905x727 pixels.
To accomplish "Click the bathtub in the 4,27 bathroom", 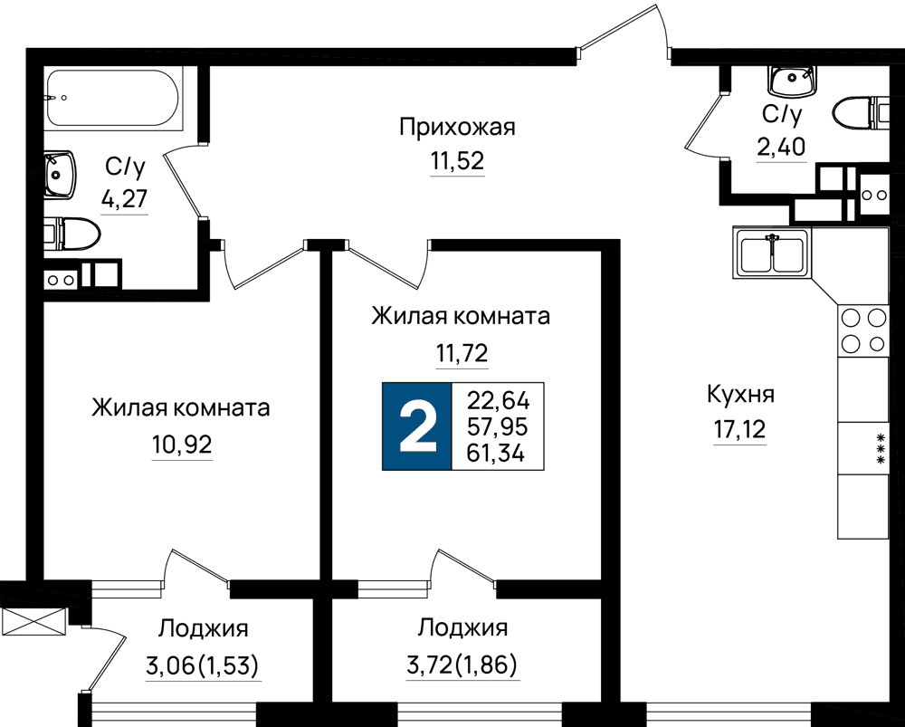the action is [x=114, y=98].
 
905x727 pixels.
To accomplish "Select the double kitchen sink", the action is [x=772, y=252].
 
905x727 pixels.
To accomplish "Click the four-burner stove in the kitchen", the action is [x=862, y=330].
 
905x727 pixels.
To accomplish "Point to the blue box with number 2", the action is [x=417, y=426].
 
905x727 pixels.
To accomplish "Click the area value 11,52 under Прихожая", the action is [x=457, y=161].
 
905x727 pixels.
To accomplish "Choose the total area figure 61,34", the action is [x=496, y=454].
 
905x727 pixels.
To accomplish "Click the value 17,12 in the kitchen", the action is [x=740, y=430].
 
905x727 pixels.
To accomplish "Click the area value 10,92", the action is [x=183, y=445].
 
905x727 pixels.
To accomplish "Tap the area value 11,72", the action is [x=462, y=352].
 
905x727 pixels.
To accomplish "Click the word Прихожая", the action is [x=457, y=127].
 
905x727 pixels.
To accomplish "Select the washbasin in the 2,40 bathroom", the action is [x=792, y=81].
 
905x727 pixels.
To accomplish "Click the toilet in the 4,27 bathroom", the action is [x=73, y=234].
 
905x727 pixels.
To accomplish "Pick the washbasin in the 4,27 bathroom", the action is [x=60, y=175].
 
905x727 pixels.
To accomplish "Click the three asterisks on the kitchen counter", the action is [x=881, y=448].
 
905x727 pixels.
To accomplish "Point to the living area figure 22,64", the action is [x=498, y=399].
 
